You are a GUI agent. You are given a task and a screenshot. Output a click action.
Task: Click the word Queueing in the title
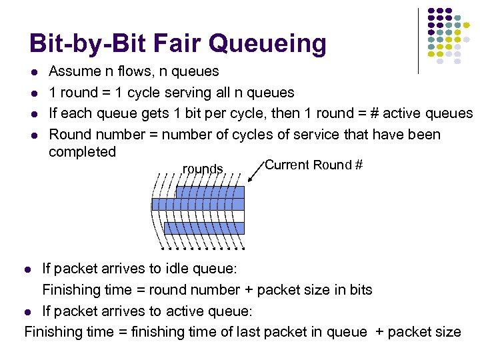click(268, 45)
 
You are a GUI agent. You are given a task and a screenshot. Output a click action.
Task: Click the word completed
click(82, 152)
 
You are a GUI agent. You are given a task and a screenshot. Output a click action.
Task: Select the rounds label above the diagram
click(203, 169)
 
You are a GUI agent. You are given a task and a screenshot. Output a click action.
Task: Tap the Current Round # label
click(313, 165)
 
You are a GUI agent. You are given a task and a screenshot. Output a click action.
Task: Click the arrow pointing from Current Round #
click(255, 173)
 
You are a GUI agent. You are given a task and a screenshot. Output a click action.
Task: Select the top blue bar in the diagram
click(210, 192)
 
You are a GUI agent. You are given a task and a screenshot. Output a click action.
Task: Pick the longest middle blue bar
click(198, 204)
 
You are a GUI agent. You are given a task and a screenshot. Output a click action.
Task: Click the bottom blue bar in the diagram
click(204, 228)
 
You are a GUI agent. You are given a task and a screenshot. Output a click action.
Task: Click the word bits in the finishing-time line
click(357, 290)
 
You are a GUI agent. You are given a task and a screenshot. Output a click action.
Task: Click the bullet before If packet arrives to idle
click(28, 269)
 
